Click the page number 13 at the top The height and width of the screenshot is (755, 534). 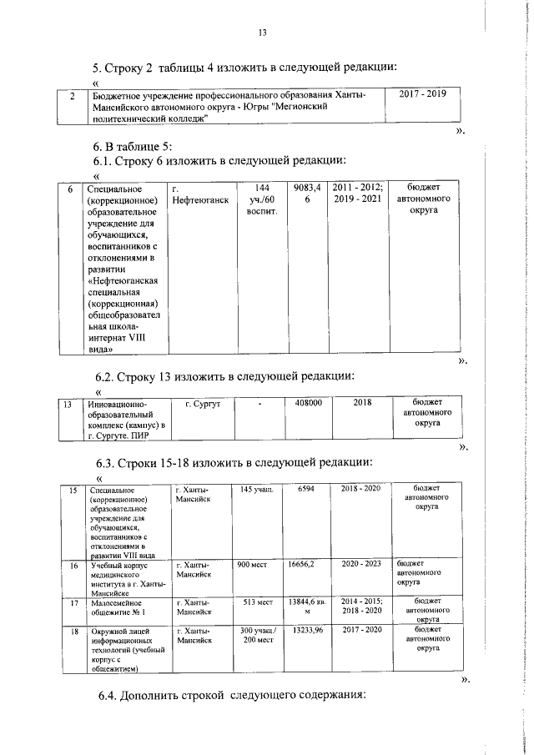pos(263,33)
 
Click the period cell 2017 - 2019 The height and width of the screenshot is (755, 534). pos(422,94)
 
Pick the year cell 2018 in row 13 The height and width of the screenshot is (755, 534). pos(362,403)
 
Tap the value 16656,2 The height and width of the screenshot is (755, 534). pos(306,565)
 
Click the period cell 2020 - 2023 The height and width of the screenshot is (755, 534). pos(361,565)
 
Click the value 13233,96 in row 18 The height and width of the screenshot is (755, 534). pos(308,632)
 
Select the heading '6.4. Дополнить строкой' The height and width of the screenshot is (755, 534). pos(229,697)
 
